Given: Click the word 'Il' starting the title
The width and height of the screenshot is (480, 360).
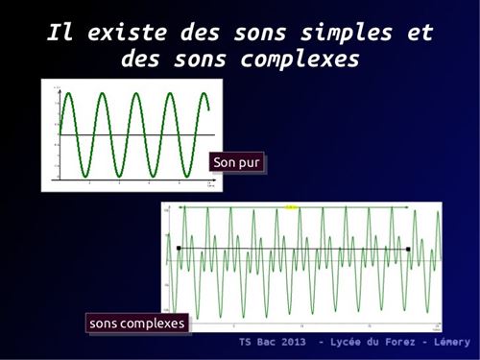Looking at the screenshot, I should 60,34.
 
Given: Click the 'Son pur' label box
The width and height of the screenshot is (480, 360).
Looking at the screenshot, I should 236,162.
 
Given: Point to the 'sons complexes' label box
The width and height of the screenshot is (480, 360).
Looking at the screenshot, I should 136,324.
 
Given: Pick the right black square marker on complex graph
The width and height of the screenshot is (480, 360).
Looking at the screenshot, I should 408,249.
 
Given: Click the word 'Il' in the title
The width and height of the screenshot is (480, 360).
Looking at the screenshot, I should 60,34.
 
